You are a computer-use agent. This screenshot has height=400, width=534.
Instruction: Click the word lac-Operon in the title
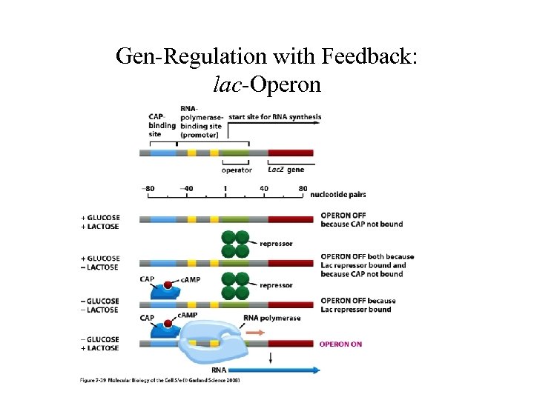point(267,84)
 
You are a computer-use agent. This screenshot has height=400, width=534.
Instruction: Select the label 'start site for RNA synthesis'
point(274,117)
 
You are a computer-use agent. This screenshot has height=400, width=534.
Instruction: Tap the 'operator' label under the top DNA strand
point(236,170)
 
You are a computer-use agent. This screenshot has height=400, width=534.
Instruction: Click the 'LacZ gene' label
point(286,170)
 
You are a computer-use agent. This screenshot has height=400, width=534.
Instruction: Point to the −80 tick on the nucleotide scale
point(148,188)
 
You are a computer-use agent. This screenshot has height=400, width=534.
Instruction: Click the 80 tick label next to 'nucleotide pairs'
point(303,188)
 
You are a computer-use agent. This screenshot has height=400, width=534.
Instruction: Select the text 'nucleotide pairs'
point(338,195)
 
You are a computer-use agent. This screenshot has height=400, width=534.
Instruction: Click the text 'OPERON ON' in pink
point(340,344)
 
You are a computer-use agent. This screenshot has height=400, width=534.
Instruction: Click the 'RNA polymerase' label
point(271,318)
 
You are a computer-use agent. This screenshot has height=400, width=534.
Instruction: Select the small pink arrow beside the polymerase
point(254,333)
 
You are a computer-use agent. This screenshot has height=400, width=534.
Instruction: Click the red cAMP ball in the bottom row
point(168,324)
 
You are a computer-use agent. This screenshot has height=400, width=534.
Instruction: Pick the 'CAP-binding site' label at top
point(161,125)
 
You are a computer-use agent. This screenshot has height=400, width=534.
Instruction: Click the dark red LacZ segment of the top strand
point(290,153)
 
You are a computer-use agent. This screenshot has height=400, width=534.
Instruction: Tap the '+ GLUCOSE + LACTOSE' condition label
point(100,221)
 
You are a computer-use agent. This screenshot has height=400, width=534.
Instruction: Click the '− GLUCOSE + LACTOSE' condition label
point(100,344)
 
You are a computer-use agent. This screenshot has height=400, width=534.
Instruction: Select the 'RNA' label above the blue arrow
point(219,370)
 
